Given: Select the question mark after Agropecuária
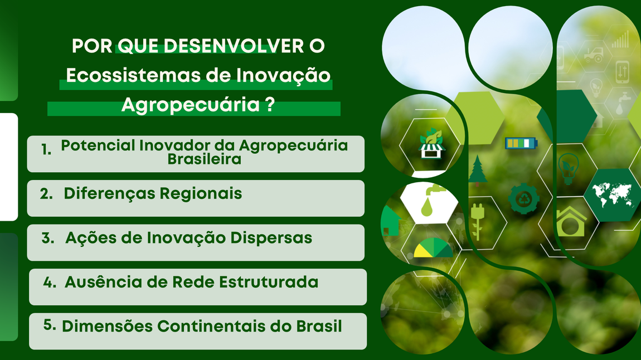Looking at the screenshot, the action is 269,104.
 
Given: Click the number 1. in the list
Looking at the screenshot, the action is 46,150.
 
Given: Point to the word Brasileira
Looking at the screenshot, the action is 205,159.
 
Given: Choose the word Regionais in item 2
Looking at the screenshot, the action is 201,194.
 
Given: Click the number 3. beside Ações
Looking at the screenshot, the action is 48,237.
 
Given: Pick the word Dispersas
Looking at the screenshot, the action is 271,238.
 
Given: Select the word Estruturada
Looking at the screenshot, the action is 269,282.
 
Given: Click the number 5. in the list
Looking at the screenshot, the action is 50,325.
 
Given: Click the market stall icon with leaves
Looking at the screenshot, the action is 431,143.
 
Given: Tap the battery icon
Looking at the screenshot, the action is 521,143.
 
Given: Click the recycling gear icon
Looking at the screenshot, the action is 524,199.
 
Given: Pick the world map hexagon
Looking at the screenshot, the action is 612,194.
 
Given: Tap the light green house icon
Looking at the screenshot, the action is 570,221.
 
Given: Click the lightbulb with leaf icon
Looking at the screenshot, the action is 568,168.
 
